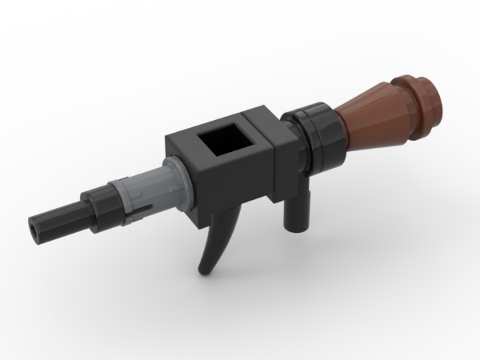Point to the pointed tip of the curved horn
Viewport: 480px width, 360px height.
[205, 270]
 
